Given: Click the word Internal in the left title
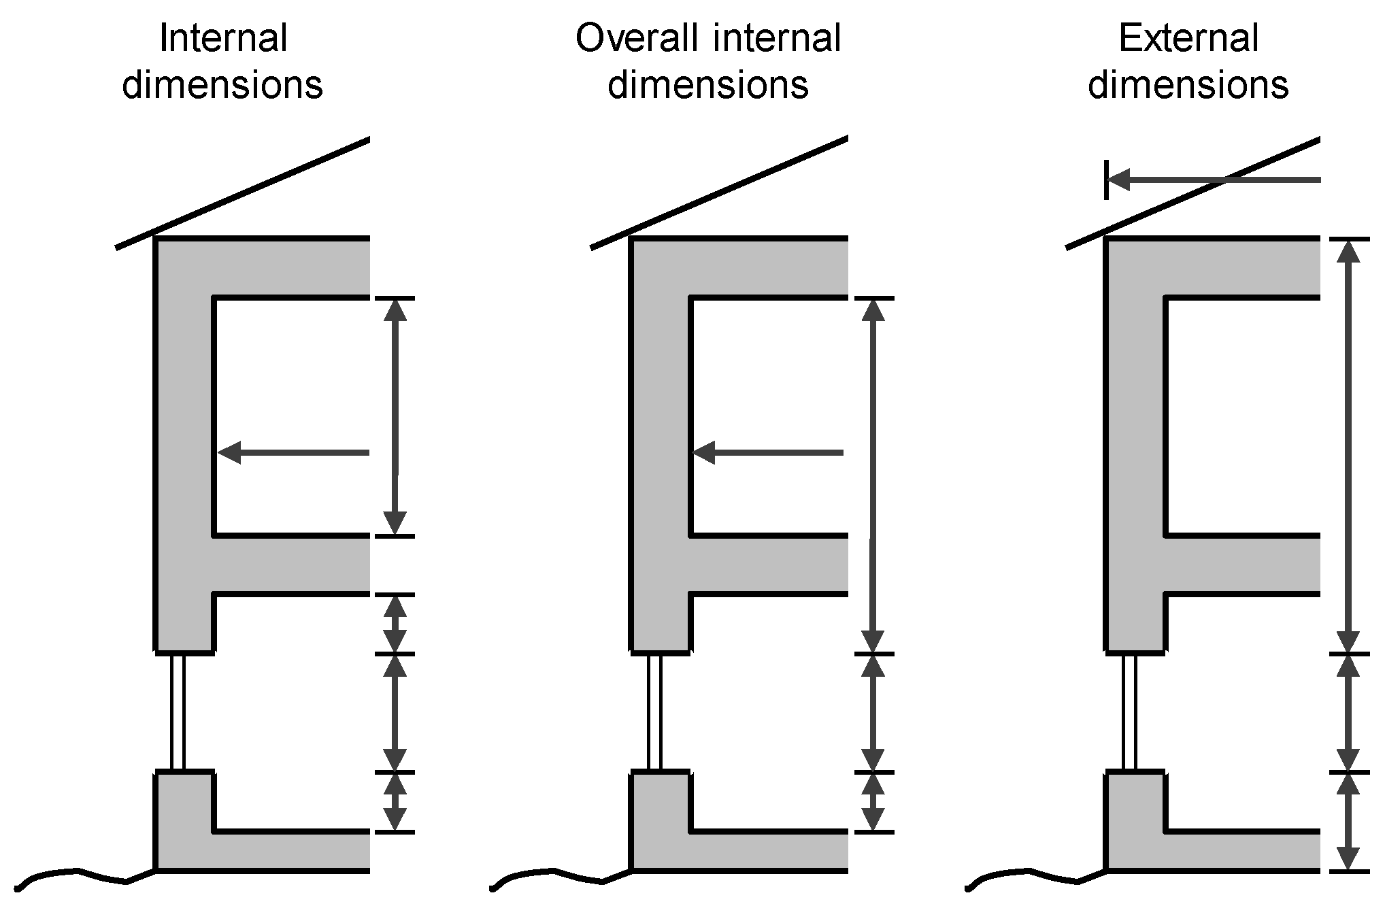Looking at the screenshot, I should (x=223, y=39).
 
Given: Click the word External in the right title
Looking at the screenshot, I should (x=1188, y=39).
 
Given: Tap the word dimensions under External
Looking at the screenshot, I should (x=1188, y=86).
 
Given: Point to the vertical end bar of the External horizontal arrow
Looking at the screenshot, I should (x=1106, y=180).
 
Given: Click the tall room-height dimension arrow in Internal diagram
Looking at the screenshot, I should (x=395, y=416).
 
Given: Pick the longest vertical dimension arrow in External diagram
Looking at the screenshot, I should (x=1348, y=446).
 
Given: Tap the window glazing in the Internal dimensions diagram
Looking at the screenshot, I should (x=178, y=712).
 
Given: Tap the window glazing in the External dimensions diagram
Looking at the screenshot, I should (x=1129, y=712).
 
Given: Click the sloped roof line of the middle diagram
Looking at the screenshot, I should (x=719, y=194).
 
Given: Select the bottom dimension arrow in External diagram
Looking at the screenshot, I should (x=1348, y=821).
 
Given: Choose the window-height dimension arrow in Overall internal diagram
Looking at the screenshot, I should (x=873, y=712).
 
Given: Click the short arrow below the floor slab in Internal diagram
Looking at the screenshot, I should (x=395, y=624).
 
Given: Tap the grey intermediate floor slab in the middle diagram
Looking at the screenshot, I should (x=769, y=565).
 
